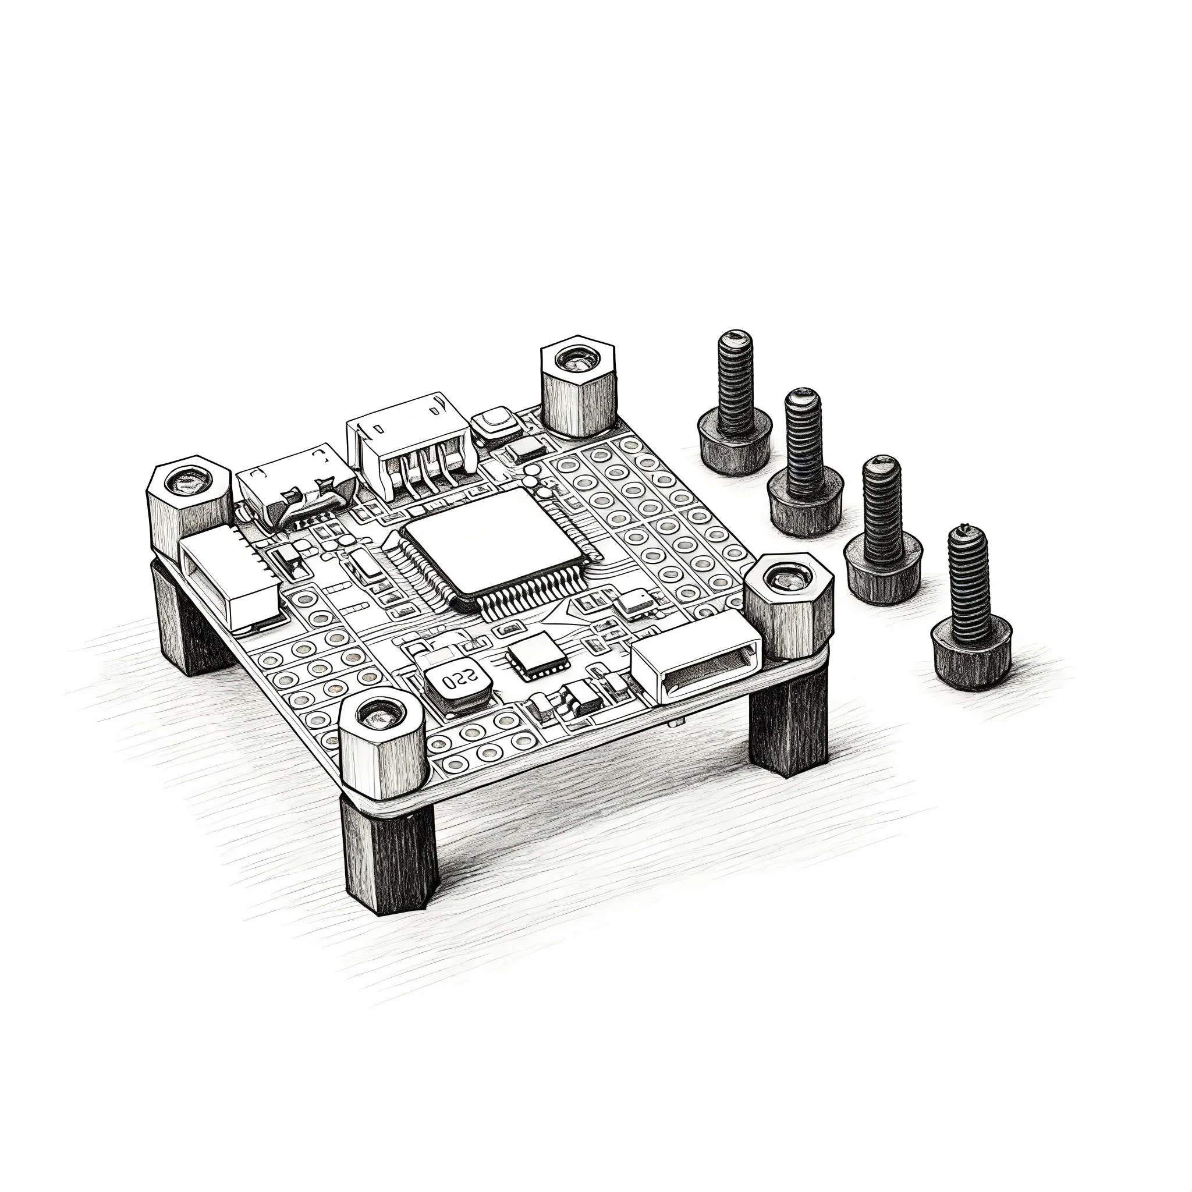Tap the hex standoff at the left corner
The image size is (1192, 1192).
(189, 503)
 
